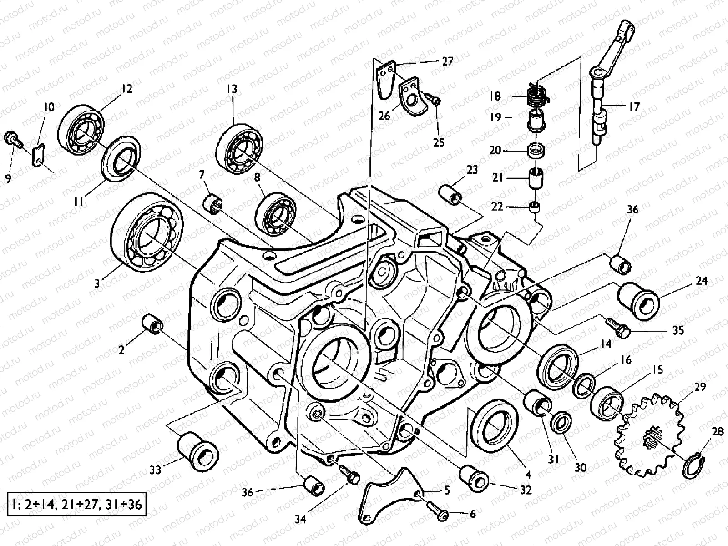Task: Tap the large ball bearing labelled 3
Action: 147,233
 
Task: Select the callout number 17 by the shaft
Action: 634,107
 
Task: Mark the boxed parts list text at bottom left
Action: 76,504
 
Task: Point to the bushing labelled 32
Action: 475,479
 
